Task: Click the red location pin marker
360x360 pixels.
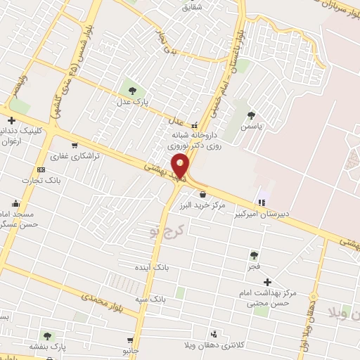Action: pyautogui.click(x=181, y=165)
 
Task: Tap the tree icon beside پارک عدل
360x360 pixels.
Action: pyautogui.click(x=131, y=89)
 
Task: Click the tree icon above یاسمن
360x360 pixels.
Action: pyautogui.click(x=252, y=115)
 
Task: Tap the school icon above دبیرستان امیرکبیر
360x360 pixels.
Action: pyautogui.click(x=262, y=202)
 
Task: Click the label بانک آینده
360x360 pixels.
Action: pyautogui.click(x=151, y=268)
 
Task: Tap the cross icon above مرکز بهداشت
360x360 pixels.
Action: pyautogui.click(x=267, y=281)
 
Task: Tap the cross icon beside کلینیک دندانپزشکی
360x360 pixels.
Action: pyautogui.click(x=11, y=121)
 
